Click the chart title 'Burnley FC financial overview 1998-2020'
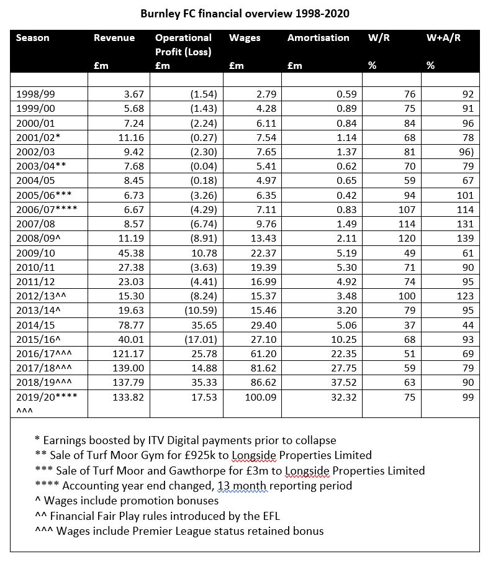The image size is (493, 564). click(246, 12)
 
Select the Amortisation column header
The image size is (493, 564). click(318, 38)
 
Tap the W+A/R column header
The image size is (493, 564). click(443, 38)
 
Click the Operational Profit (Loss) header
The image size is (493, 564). click(183, 45)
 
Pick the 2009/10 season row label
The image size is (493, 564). click(35, 253)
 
